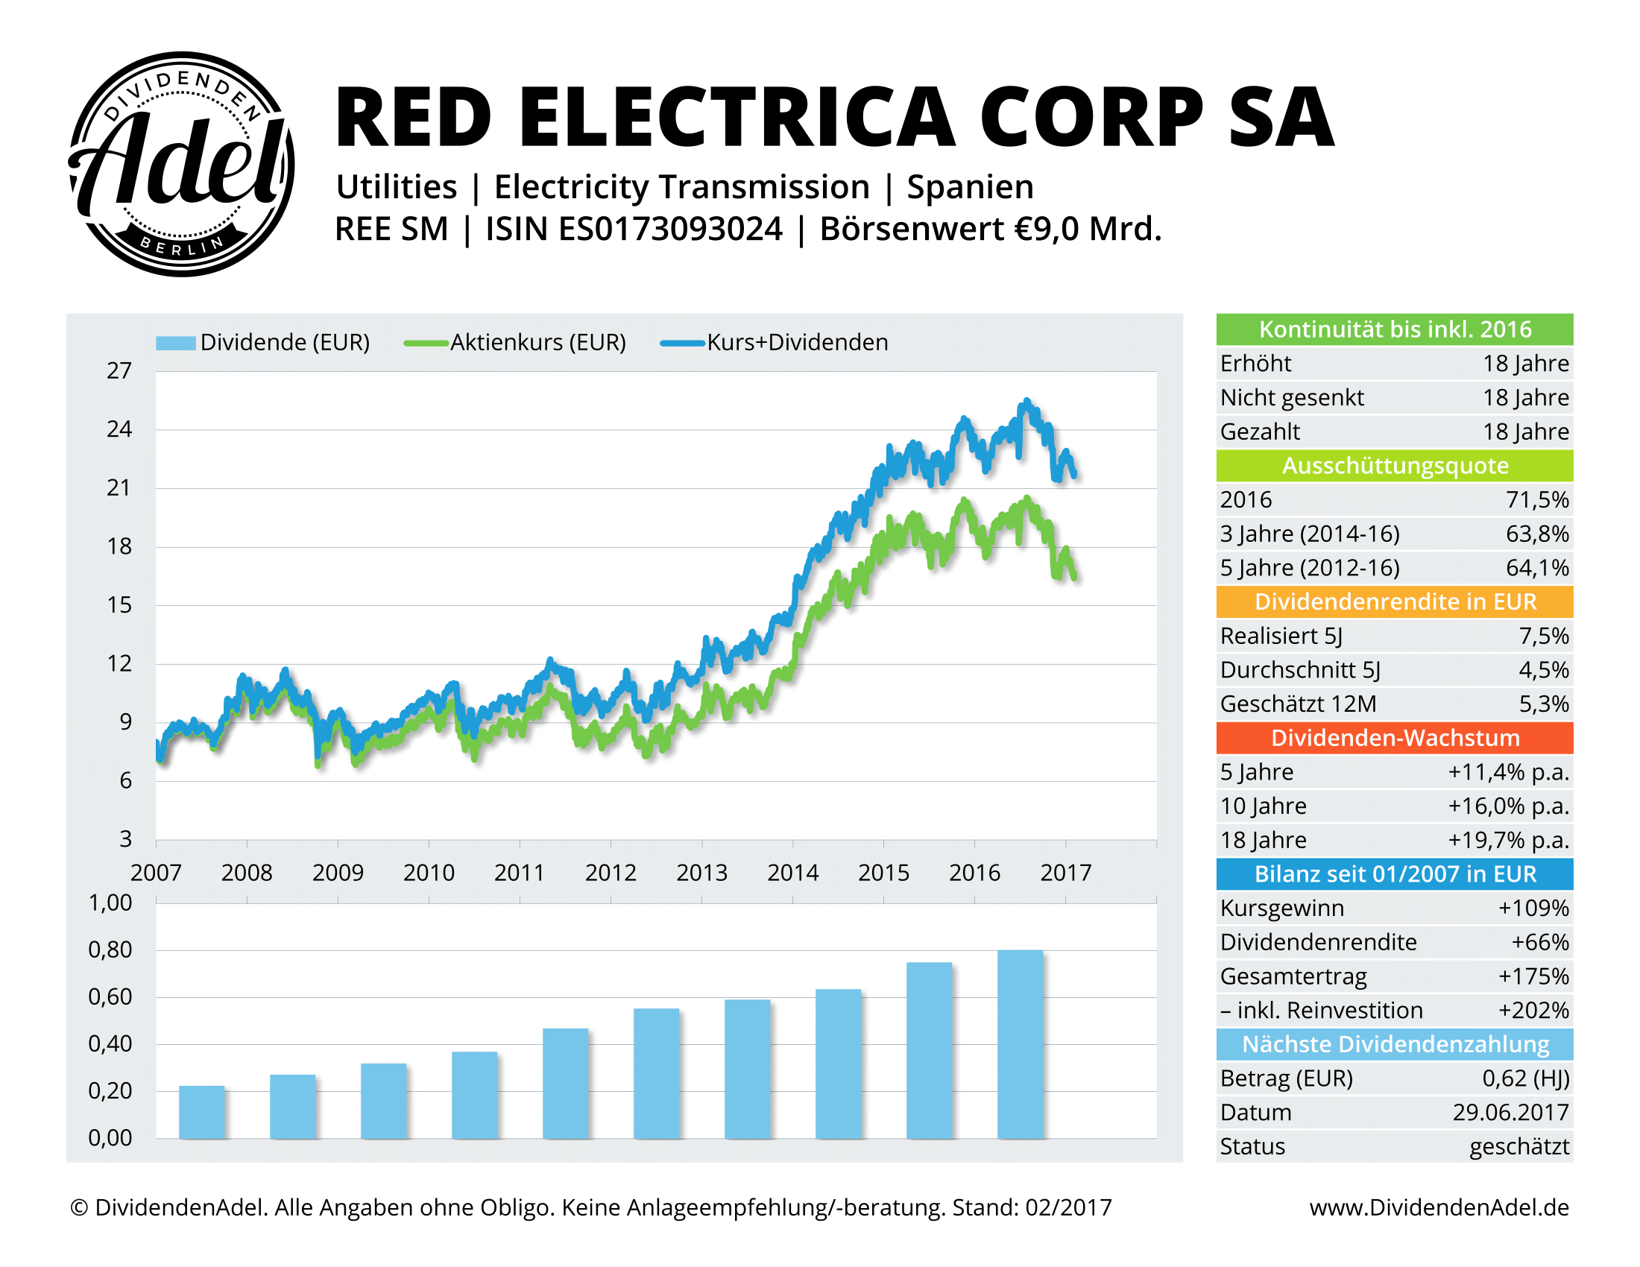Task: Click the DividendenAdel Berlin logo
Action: coord(181,165)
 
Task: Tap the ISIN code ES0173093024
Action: coord(671,229)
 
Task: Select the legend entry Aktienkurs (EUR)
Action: coord(537,342)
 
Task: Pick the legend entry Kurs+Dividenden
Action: coord(797,342)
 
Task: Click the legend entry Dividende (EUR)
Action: coord(284,342)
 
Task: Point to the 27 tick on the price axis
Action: coord(119,371)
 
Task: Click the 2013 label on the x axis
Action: coord(701,872)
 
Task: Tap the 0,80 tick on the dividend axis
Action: coord(110,950)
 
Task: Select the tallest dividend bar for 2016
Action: coord(1020,1044)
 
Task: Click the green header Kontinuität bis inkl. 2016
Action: coord(1395,329)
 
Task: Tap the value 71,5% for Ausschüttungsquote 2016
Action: coord(1537,500)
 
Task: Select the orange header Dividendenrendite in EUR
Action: coord(1395,602)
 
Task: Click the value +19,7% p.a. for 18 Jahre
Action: coord(1508,840)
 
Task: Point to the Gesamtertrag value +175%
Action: coord(1533,976)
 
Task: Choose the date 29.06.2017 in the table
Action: coord(1510,1113)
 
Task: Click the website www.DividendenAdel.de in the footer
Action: coord(1439,1207)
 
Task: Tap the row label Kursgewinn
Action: coord(1282,909)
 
